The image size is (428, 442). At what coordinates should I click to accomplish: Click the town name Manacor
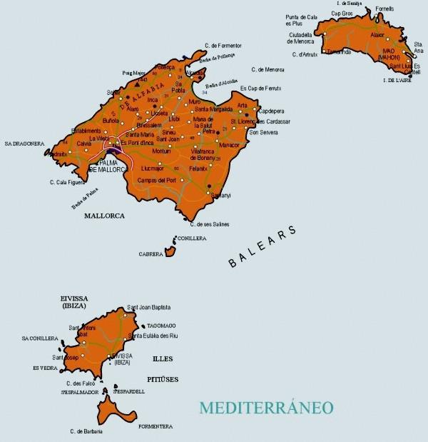[x=230, y=145]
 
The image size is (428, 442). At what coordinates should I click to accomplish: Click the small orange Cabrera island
[x=170, y=251]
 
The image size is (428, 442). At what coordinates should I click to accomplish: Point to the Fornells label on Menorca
[x=384, y=9]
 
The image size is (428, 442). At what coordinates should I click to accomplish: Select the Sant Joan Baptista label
[x=148, y=308]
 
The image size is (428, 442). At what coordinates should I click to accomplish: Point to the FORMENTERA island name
[x=155, y=426]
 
